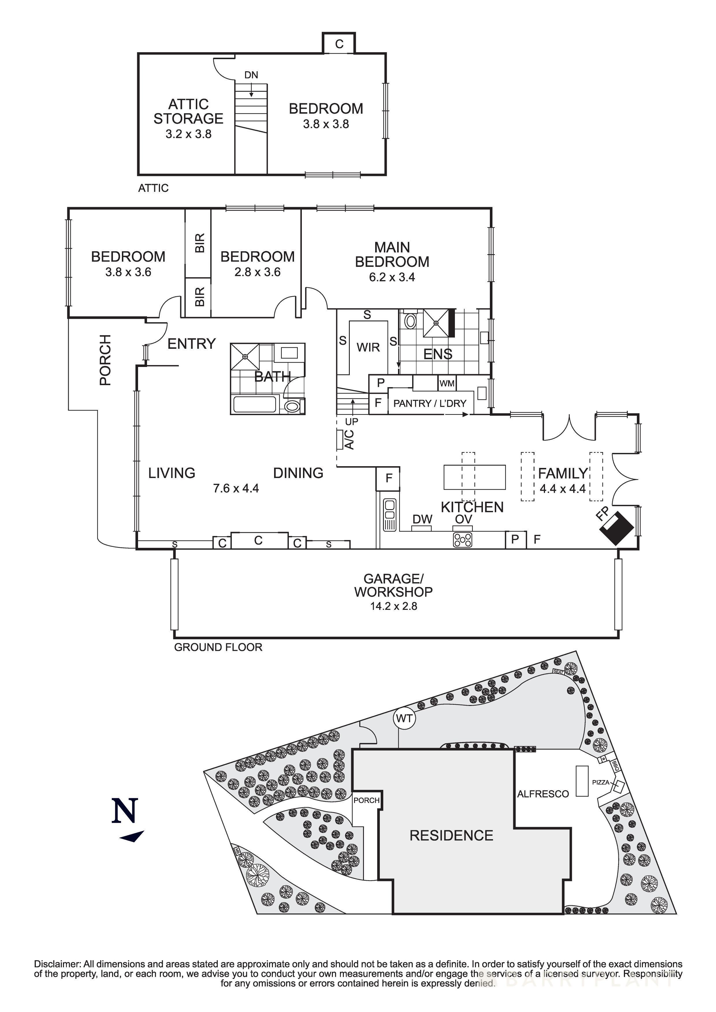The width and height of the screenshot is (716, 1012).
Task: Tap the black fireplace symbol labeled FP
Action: pyautogui.click(x=617, y=528)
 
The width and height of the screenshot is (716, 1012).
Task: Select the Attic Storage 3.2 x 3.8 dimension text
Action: pyautogui.click(x=188, y=134)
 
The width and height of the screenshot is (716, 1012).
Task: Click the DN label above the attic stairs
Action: pyautogui.click(x=251, y=75)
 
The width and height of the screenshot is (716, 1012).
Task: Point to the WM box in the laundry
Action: pyautogui.click(x=447, y=383)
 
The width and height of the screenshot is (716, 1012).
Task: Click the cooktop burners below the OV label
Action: pyautogui.click(x=462, y=539)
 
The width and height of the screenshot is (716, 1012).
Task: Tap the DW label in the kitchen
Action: pyautogui.click(x=422, y=519)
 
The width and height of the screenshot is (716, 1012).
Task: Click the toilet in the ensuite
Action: pyautogui.click(x=410, y=321)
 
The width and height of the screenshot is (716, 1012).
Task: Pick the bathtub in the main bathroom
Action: pyautogui.click(x=254, y=404)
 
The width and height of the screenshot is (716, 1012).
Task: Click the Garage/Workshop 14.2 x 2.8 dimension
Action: pyautogui.click(x=393, y=606)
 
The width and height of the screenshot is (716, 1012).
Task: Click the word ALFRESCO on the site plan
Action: pyautogui.click(x=543, y=794)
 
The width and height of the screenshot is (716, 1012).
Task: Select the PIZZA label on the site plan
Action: pyautogui.click(x=600, y=782)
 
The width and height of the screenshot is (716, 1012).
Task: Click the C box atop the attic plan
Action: pyautogui.click(x=339, y=44)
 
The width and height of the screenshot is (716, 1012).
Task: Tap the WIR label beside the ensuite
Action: pyautogui.click(x=368, y=347)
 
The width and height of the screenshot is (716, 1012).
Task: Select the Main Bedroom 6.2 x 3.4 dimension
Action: pyautogui.click(x=392, y=277)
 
